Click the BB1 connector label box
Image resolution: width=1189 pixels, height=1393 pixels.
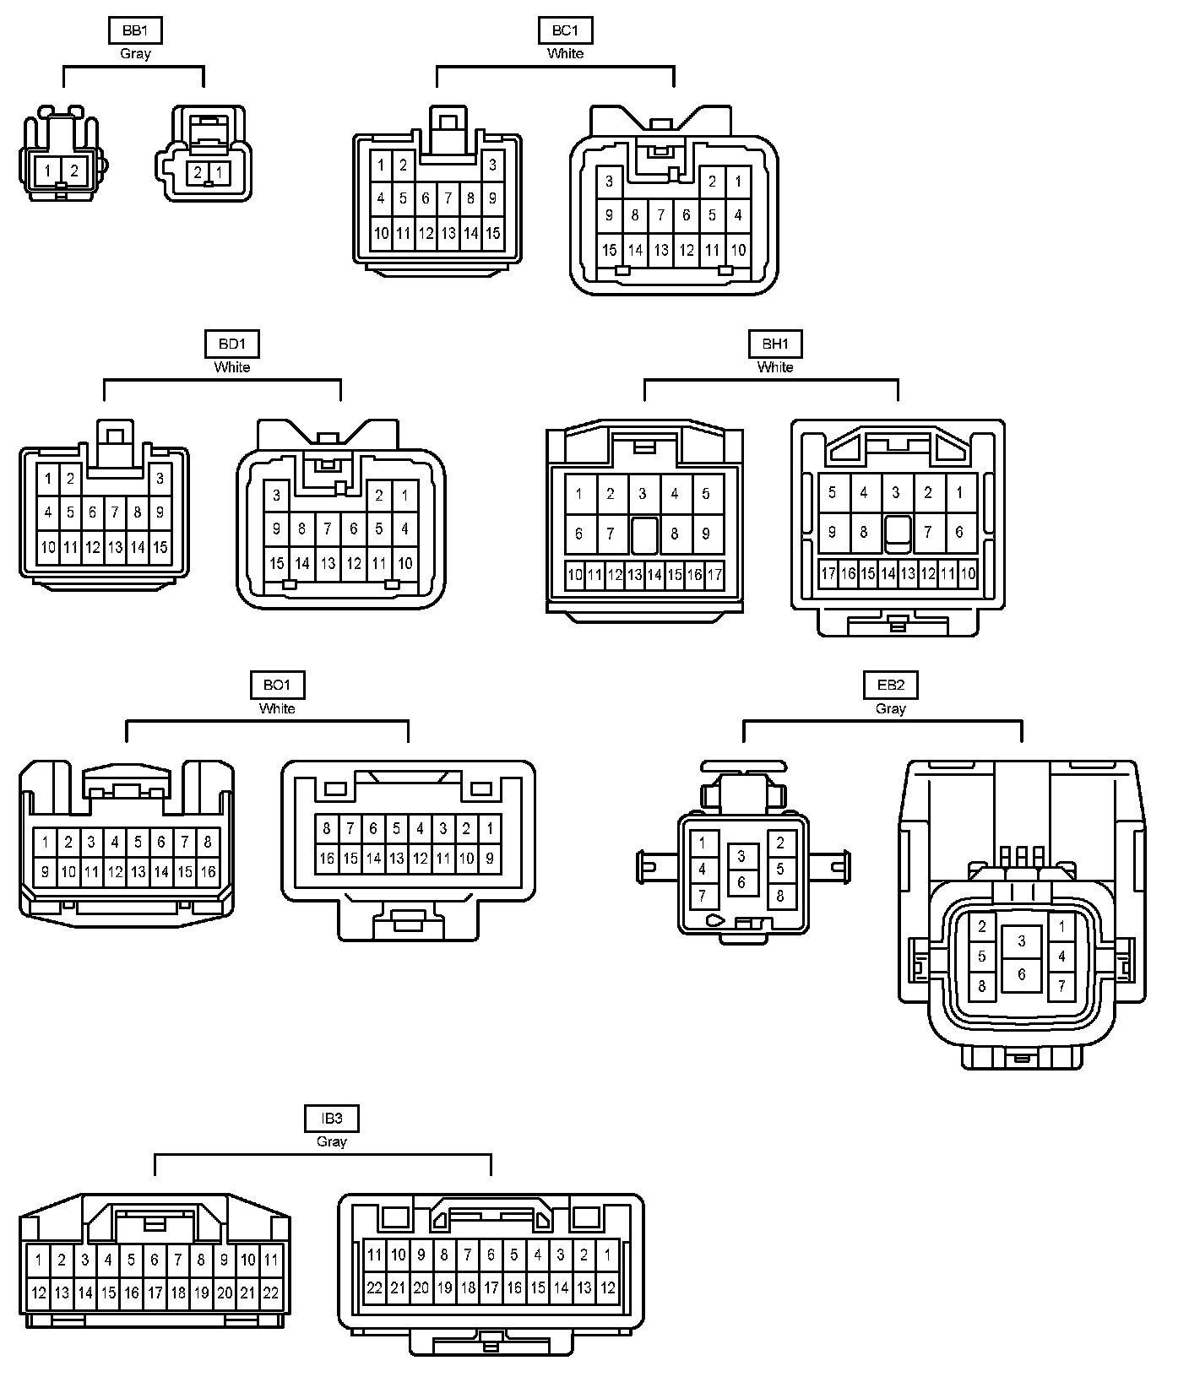pos(135,31)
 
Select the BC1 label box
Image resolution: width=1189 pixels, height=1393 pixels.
pos(565,31)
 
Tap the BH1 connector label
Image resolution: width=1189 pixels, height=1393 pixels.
pos(775,344)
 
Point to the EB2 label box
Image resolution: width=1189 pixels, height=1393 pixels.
pos(891,686)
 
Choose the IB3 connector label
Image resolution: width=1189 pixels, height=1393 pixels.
pos(332,1119)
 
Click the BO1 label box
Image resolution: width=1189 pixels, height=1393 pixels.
pos(277,686)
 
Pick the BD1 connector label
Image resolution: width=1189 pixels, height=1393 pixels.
pos(232,344)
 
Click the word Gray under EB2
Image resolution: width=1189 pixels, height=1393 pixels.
pos(891,709)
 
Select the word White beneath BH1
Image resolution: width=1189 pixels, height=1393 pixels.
pos(775,367)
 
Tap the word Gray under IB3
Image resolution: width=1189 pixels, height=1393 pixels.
pos(332,1141)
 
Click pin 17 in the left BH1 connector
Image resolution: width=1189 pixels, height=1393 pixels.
pos(714,576)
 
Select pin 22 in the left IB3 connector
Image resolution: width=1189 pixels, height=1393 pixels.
pos(271,1293)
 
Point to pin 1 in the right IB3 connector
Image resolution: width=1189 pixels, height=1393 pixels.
pos(607,1255)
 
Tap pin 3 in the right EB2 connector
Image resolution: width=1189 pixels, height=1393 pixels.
pos(1022,941)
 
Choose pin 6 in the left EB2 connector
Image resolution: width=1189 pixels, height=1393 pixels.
pos(741,882)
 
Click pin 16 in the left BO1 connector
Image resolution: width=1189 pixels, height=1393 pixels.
pos(208,872)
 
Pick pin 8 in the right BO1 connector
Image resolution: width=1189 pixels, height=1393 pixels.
pos(327,829)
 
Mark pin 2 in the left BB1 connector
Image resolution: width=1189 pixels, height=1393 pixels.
pos(74,171)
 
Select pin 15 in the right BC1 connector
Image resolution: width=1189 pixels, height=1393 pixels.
pos(610,250)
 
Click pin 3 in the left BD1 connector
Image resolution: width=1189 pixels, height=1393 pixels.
pos(160,480)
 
